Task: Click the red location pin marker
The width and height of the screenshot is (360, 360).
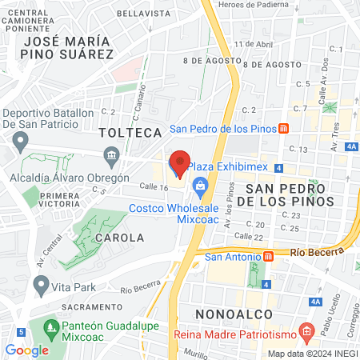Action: click(180, 162)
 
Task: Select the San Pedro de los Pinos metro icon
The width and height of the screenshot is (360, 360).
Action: click(283, 129)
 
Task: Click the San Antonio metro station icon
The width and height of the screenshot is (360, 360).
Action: click(268, 257)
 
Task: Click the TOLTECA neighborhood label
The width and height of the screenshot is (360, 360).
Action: click(119, 131)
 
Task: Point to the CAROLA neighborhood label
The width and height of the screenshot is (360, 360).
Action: click(119, 238)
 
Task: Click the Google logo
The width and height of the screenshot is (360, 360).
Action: click(26, 350)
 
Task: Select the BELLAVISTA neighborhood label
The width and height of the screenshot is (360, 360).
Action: click(143, 14)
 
